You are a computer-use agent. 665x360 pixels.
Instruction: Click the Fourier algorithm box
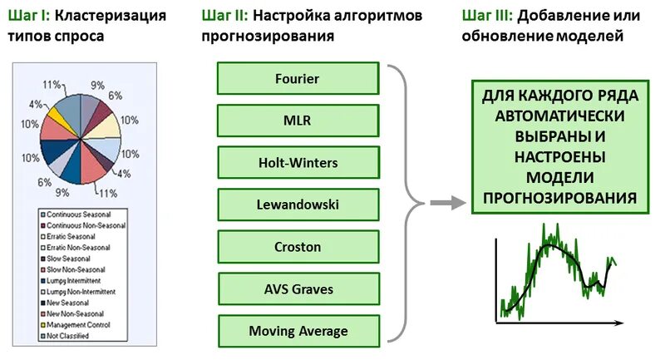coord(297,79)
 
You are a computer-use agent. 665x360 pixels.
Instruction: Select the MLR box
coord(297,121)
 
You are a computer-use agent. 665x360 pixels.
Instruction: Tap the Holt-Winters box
coord(297,163)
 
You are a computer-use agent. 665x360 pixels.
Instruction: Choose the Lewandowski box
coord(297,205)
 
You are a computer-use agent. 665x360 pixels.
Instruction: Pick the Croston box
coord(297,247)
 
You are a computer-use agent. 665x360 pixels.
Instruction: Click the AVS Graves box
coord(297,289)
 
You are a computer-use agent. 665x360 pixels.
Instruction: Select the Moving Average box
coord(297,331)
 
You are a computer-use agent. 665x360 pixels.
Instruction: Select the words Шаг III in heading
coord(486,15)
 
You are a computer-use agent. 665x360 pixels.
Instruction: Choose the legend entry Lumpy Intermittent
coord(78,280)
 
